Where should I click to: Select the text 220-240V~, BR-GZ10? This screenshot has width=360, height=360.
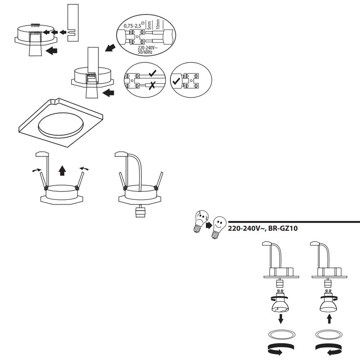pos(263,229)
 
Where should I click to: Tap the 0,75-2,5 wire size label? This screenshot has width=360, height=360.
pos(132,26)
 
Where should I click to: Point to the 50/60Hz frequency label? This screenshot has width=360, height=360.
pos(145,52)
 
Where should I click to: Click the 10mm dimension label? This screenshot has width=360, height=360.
pos(158,24)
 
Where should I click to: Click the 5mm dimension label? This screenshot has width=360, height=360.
pos(149,25)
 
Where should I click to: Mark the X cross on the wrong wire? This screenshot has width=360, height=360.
pos(152,86)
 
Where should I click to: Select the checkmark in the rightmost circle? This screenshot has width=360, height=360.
pos(176,81)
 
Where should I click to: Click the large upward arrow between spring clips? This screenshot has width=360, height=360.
pos(62,171)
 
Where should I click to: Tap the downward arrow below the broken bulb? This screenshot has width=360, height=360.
pos(280,319)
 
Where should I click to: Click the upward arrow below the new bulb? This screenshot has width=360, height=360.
pos(329,319)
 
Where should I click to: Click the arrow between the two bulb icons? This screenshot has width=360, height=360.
pos(209,225)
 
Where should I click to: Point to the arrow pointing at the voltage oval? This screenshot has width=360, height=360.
pos(110,48)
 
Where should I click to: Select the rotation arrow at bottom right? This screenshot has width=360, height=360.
pos(329,349)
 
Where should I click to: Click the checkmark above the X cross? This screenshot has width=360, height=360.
pos(152,73)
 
